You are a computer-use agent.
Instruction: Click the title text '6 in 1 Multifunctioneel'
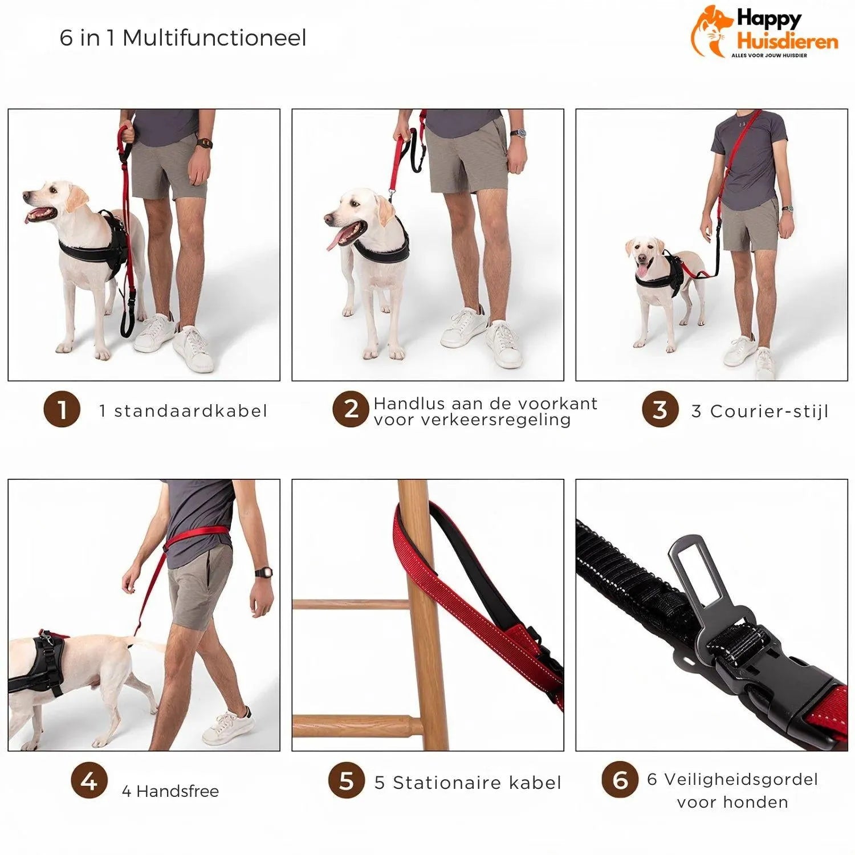(183, 38)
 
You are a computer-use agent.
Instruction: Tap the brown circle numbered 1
(62, 409)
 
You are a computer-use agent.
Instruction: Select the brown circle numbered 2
(351, 409)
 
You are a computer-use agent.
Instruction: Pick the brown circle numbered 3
(659, 409)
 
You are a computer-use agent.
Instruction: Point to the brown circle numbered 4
(89, 780)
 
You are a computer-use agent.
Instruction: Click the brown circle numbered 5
(346, 780)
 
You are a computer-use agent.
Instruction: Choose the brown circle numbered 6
(620, 780)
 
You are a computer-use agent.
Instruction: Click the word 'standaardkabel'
(190, 411)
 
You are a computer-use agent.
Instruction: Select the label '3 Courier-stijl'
(759, 411)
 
